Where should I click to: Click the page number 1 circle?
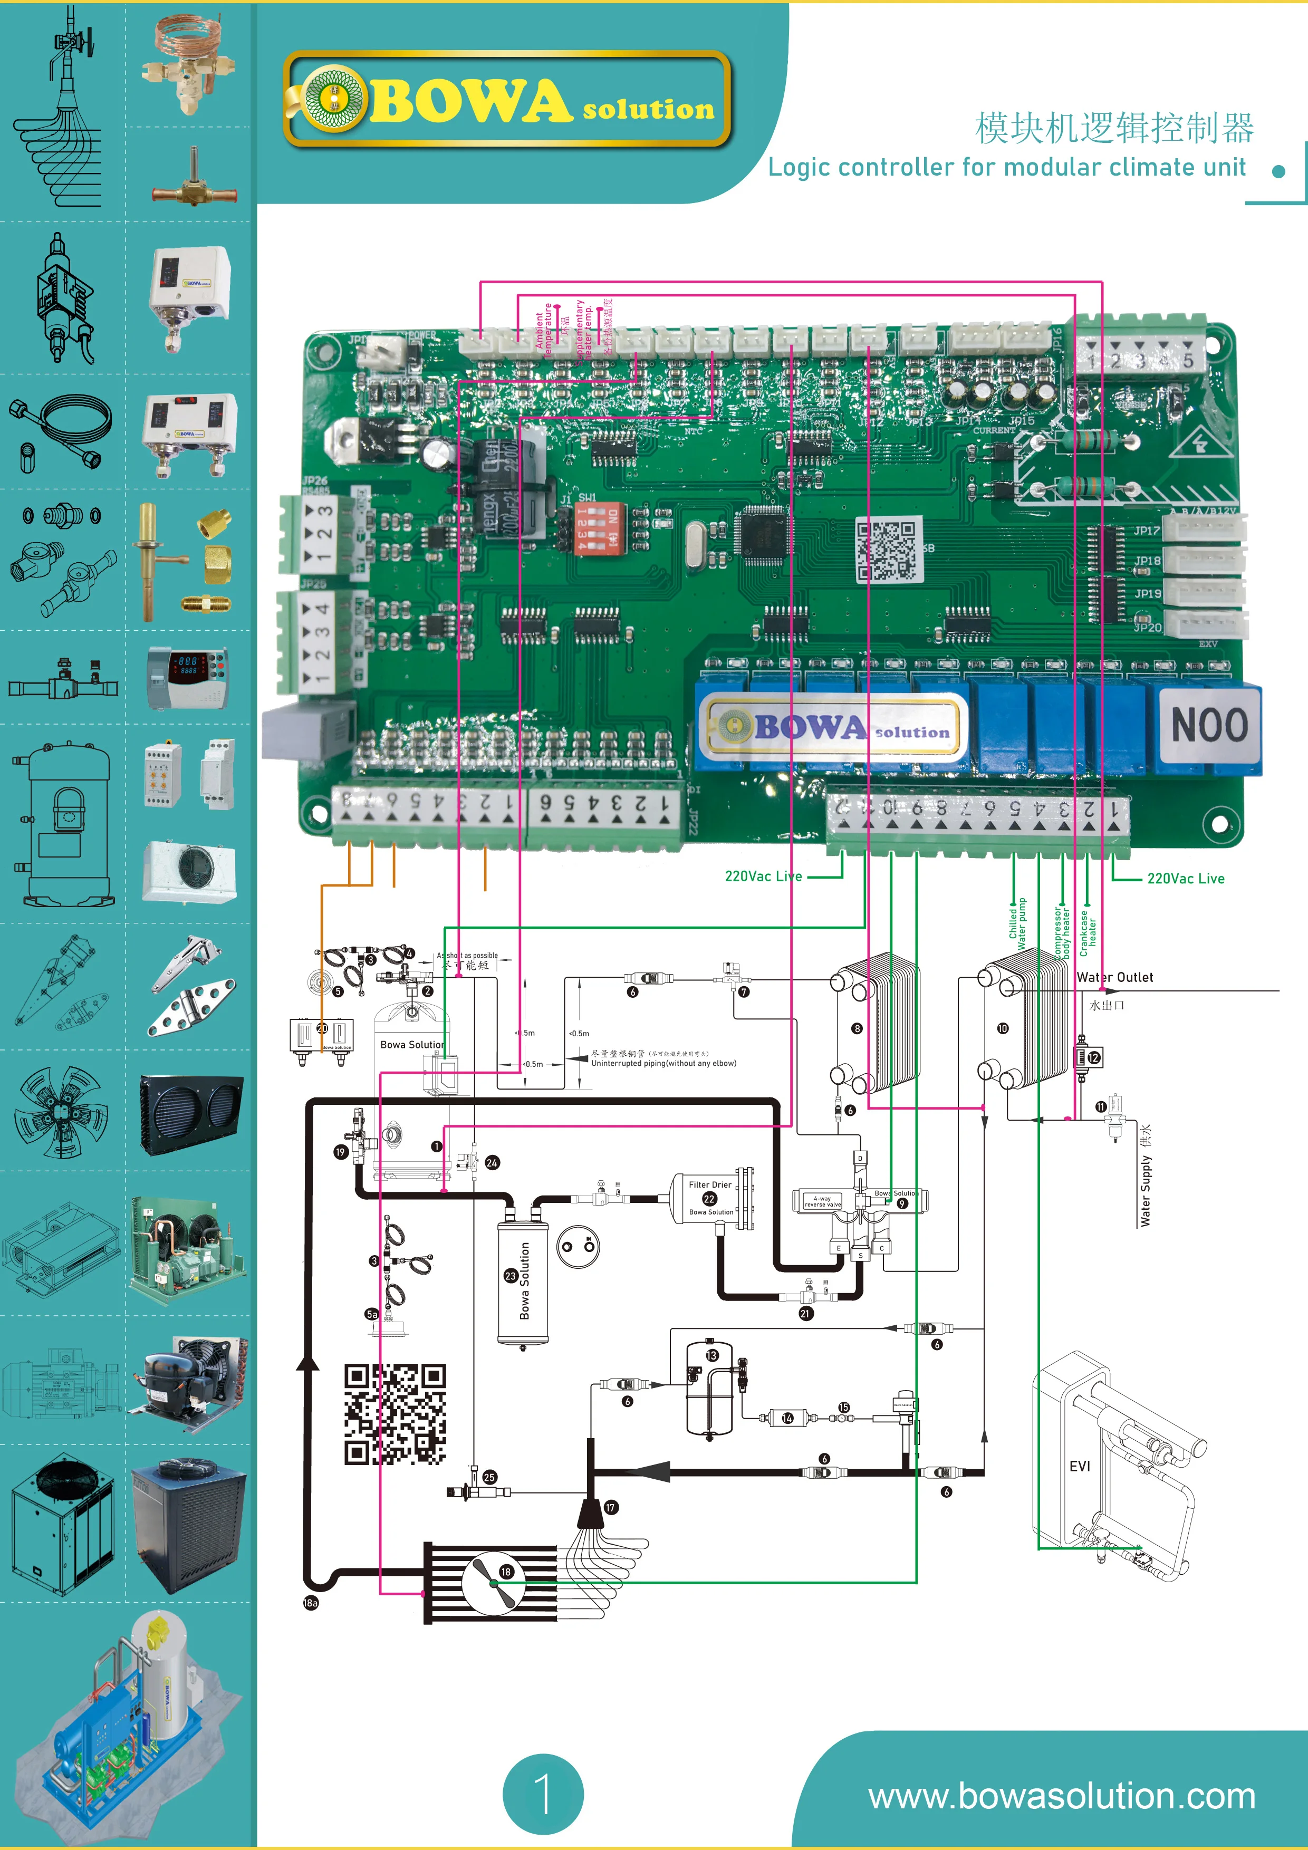coord(542,1795)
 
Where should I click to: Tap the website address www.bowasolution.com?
coord(1061,1795)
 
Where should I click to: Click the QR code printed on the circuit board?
coord(887,550)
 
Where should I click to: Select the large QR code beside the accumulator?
coord(395,1414)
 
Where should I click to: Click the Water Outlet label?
coord(1114,977)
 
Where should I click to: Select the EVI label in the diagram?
coord(1079,1466)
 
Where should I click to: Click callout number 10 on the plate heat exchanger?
coord(1003,1028)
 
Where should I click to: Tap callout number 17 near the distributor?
coord(610,1507)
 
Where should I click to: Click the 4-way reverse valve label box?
coord(822,1201)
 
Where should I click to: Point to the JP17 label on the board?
coord(1147,530)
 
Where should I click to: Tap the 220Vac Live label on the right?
coord(1185,878)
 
